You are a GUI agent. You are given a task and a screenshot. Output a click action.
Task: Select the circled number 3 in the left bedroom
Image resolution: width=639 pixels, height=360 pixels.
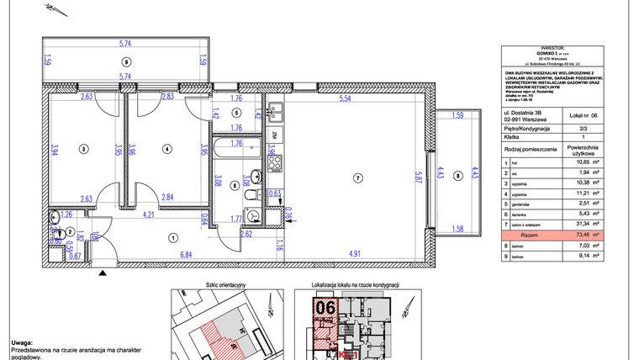pos(83,149)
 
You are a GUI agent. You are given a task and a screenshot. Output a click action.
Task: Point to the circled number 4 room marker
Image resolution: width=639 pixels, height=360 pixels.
pos(167,149)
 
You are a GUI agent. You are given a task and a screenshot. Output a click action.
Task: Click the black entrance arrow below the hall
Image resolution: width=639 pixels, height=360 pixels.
pos(103,273)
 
